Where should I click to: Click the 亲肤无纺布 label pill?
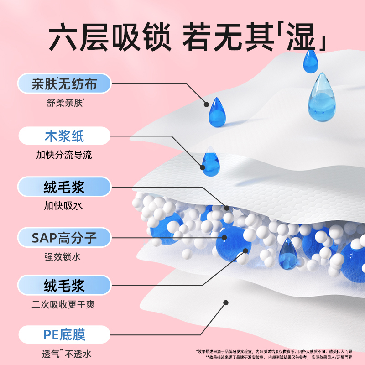pyautogui.click(x=64, y=84)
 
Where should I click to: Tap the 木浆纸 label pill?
pyautogui.click(x=64, y=136)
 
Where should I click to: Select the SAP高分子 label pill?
pyautogui.click(x=64, y=237)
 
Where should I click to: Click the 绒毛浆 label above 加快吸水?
pyautogui.click(x=64, y=187)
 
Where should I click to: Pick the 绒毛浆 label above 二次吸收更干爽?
pyautogui.click(x=64, y=286)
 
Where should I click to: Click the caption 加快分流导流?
pyautogui.click(x=64, y=155)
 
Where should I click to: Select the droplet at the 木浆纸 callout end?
pyautogui.click(x=211, y=162)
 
